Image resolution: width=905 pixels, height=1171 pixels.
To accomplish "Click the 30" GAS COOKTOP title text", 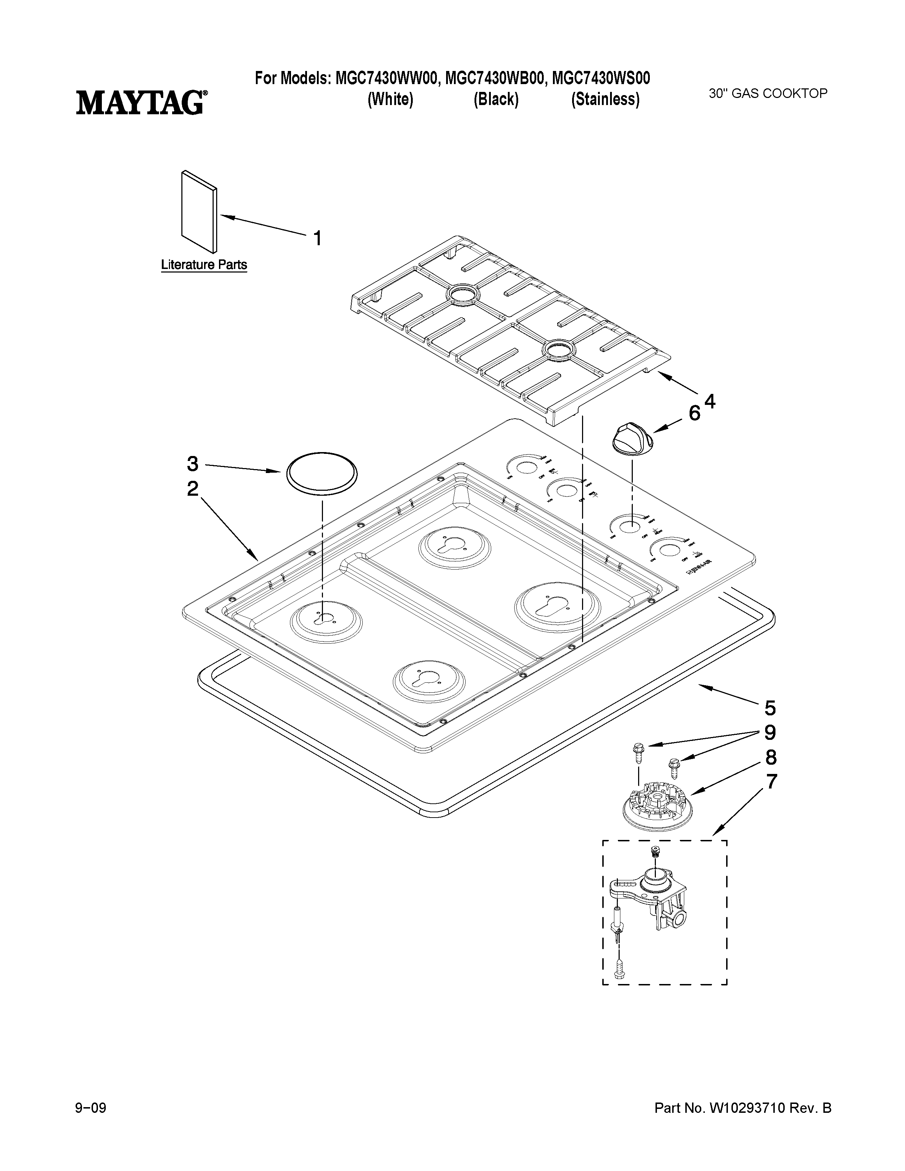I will coord(768,93).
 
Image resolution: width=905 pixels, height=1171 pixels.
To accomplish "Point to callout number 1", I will coord(317,237).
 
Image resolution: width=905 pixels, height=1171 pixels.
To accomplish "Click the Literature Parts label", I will coord(204,265).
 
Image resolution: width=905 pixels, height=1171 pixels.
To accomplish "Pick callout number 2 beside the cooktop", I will coord(192,489).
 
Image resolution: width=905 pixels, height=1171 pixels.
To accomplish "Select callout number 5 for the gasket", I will coord(770,708).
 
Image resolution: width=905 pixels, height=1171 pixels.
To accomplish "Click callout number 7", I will coord(770,782).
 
